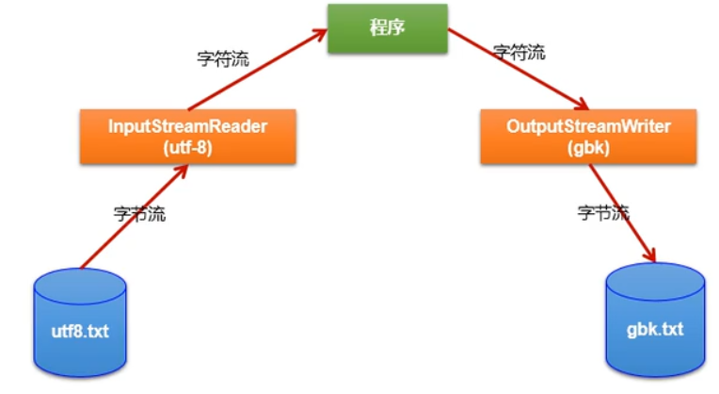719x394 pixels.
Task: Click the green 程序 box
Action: [x=387, y=27]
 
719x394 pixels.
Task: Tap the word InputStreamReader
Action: [x=188, y=126]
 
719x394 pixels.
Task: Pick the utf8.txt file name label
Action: [x=80, y=331]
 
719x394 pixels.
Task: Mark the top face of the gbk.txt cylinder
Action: [x=655, y=278]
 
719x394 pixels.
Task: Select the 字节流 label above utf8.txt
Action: [x=138, y=214]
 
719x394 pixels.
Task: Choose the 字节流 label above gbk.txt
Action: [x=603, y=213]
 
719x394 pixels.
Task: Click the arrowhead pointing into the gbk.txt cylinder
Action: [x=648, y=254]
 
